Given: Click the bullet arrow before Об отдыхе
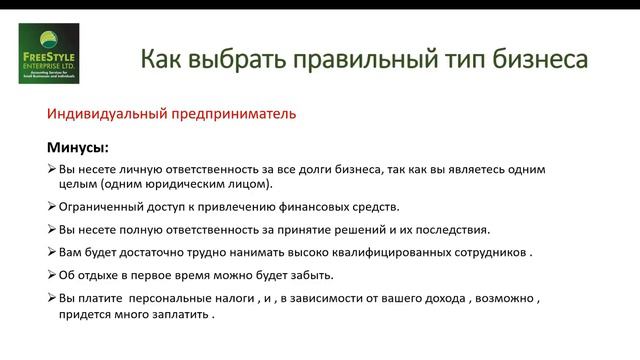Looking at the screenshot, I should (52, 274).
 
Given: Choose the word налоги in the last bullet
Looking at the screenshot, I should (245, 297).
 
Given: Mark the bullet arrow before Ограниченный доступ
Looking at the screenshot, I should (52, 207).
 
